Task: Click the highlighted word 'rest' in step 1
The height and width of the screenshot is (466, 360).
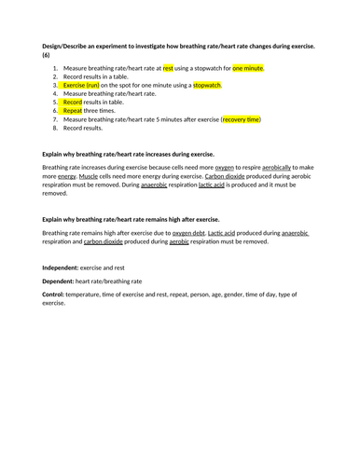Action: tap(168, 68)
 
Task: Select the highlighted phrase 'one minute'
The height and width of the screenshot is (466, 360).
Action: tap(248, 68)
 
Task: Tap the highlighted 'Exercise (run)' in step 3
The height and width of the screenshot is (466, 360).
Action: tap(81, 85)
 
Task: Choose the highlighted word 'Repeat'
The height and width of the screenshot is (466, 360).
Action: tap(73, 111)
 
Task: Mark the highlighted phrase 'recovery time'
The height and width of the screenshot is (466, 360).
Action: tap(241, 119)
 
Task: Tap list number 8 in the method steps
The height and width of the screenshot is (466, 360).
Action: tap(55, 128)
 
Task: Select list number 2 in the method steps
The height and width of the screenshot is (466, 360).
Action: tap(55, 76)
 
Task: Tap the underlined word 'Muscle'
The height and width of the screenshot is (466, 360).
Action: tap(89, 175)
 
